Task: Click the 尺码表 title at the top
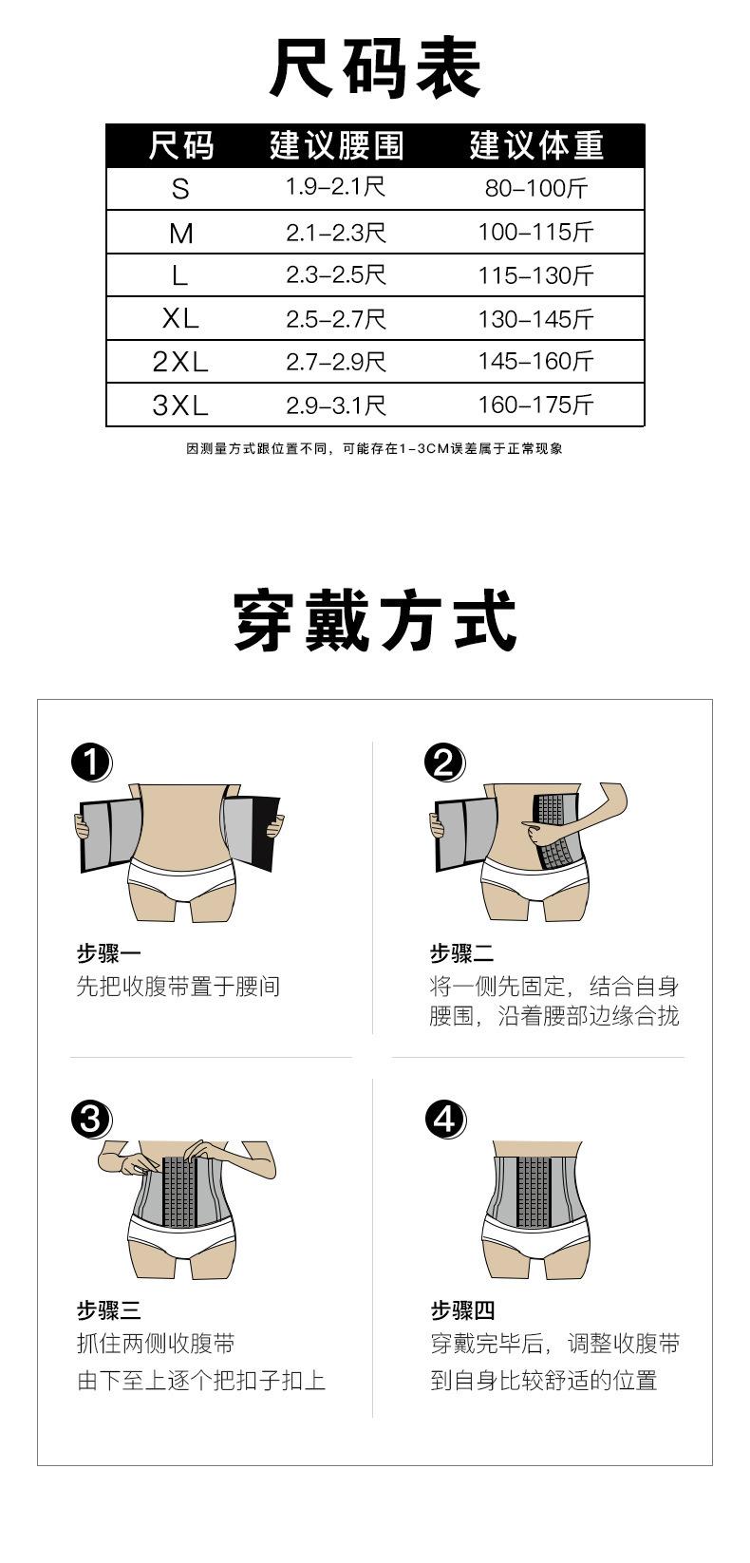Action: (375, 68)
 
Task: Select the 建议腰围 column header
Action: (336, 146)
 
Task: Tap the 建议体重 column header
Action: (535, 146)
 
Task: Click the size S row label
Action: (180, 188)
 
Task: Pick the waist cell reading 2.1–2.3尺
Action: (335, 233)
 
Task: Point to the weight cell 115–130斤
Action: (535, 275)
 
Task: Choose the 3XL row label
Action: (180, 405)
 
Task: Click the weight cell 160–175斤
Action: (535, 405)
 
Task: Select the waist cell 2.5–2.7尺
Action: (335, 319)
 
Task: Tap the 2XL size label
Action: (180, 362)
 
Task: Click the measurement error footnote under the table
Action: (374, 448)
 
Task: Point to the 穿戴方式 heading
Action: (375, 620)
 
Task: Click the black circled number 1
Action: (91, 762)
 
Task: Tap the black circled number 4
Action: (445, 1120)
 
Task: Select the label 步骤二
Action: (461, 953)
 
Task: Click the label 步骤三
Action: (108, 1310)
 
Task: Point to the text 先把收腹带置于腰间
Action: (178, 987)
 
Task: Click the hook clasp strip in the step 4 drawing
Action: (534, 1192)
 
